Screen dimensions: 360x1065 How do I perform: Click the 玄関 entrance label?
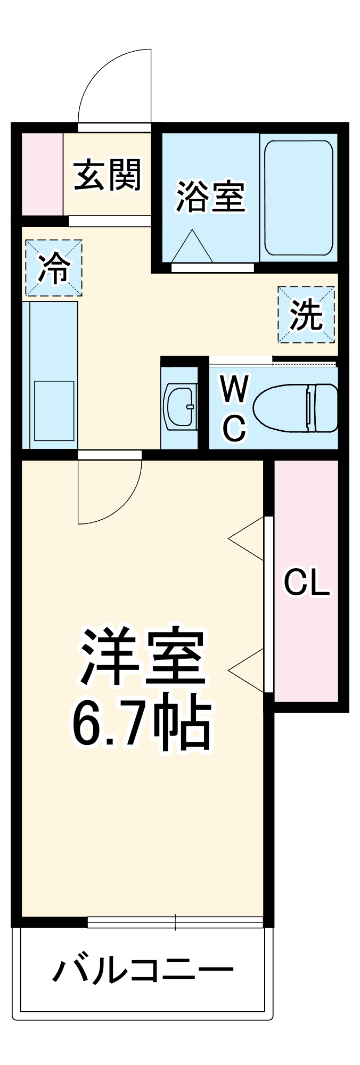point(108,175)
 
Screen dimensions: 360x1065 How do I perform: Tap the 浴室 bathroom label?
point(210,196)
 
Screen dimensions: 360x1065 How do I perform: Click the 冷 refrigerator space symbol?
point(54,268)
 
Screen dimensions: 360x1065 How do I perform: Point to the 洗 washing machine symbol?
point(306,315)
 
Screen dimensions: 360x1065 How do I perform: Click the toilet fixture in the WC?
point(296,408)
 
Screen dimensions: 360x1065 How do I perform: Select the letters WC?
point(234,408)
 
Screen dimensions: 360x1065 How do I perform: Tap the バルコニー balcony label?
point(143,970)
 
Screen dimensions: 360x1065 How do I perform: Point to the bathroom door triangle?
point(192,248)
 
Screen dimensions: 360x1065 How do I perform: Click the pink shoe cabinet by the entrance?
point(42,174)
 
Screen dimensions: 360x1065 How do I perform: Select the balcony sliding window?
point(175,922)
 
